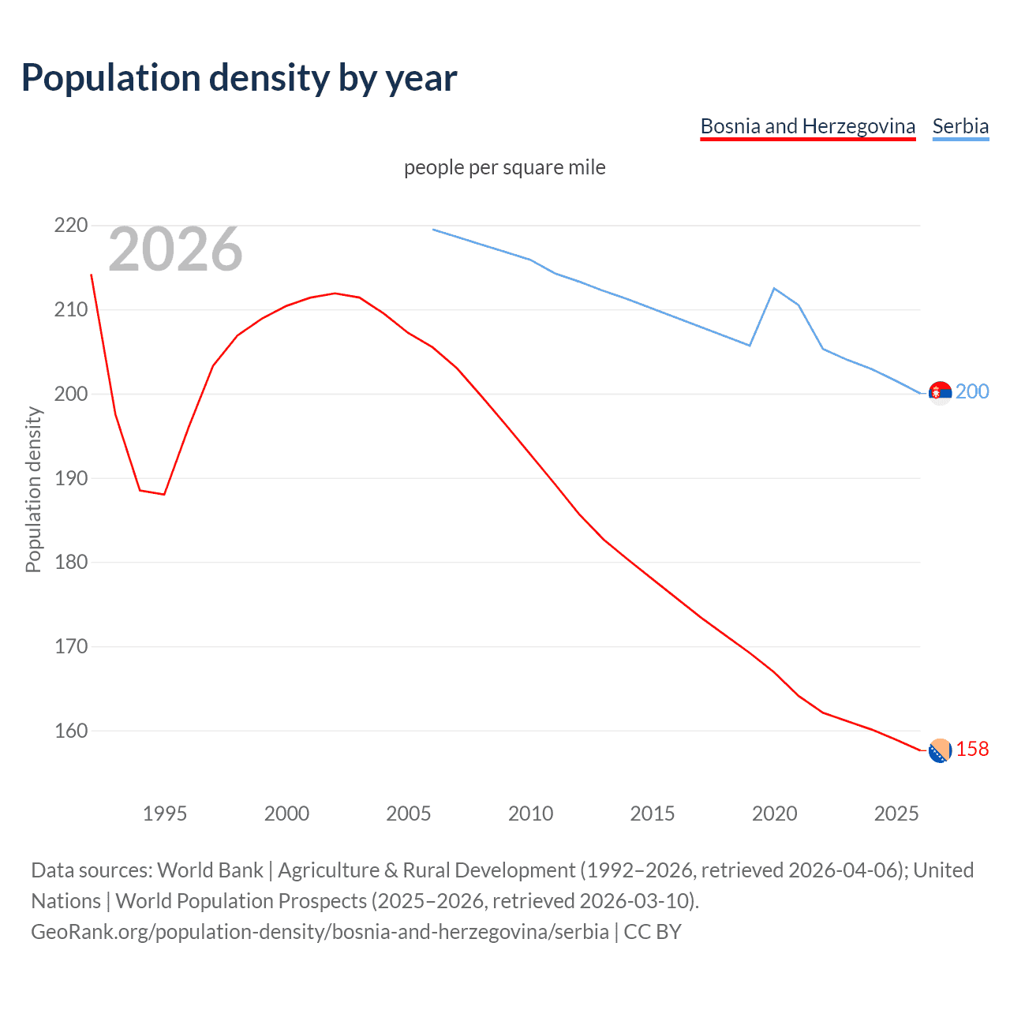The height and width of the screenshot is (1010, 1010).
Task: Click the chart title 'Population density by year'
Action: tap(239, 78)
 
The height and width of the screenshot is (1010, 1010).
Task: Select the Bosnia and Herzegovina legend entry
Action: tap(807, 126)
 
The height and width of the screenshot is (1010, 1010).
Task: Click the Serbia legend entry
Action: tap(960, 126)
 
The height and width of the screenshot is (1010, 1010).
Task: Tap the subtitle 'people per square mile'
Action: tap(504, 168)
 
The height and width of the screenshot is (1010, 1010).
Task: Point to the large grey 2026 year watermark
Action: tap(175, 249)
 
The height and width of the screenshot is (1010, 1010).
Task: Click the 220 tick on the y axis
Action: tap(70, 226)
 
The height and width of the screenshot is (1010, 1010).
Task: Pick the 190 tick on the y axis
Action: tap(70, 478)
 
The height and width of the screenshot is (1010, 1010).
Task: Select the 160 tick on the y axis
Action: tap(70, 731)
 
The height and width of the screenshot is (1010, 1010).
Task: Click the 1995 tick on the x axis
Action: tap(164, 814)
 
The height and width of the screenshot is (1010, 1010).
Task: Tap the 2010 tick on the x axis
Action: tap(530, 814)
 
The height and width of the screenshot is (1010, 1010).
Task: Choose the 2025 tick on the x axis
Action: tap(896, 814)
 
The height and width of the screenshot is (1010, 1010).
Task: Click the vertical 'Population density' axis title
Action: tap(33, 489)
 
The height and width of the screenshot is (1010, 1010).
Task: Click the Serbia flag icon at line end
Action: tap(940, 392)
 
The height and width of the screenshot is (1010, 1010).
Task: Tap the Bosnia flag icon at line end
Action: tap(940, 750)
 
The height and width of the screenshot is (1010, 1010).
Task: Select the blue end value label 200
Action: tap(972, 392)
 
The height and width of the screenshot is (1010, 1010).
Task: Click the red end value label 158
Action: tap(972, 750)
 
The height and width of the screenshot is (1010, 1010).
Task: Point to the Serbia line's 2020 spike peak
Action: tap(774, 288)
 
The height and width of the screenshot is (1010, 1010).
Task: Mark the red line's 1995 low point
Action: tap(164, 494)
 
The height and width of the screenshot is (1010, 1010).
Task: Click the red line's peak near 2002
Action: tap(335, 293)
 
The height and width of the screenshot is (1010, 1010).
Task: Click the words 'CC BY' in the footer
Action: tap(652, 932)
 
